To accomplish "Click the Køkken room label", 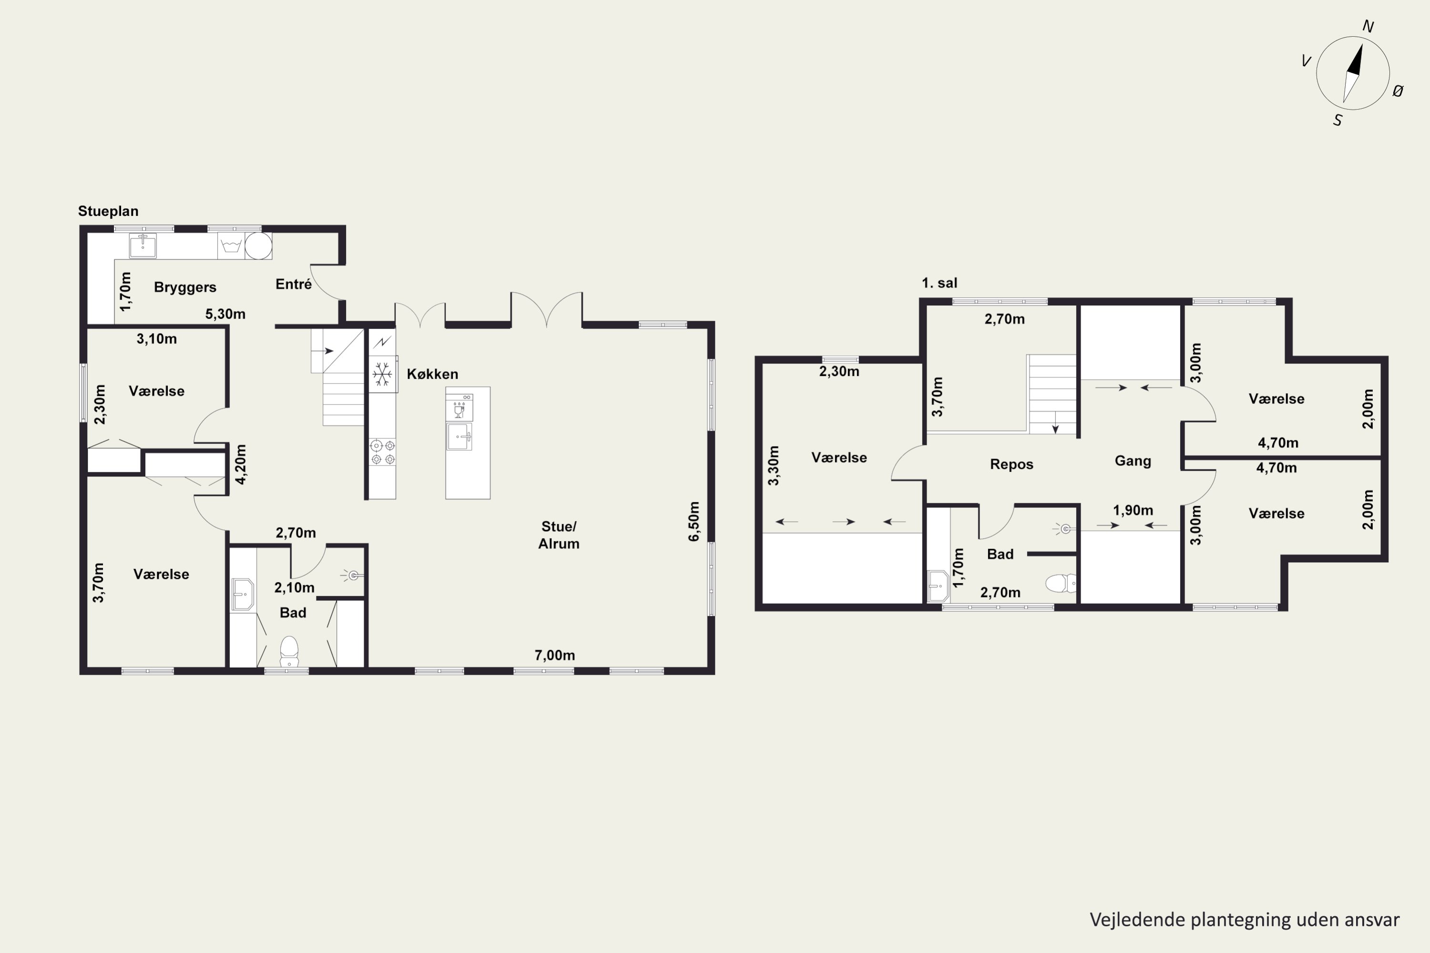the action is pos(432,374).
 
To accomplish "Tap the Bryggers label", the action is pos(185,287).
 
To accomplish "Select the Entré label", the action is pos(294,284).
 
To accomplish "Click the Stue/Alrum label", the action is pos(558,535).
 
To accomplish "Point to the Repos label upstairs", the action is pos(1011,464).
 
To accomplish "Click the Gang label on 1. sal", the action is pos(1133,461).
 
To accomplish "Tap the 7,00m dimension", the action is pos(554,655).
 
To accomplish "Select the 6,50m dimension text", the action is pos(694,521).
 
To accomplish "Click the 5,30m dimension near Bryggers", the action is pos(225,314).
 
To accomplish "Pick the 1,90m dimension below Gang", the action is pos(1133,510).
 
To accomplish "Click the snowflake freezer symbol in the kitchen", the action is pos(382,374).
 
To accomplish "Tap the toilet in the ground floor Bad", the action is pos(289,651).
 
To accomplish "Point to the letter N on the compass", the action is pos(1369,26).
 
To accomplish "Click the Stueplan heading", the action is pos(108,211).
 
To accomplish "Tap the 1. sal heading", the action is pos(940,283).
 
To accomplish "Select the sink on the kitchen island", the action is pos(459,437).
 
